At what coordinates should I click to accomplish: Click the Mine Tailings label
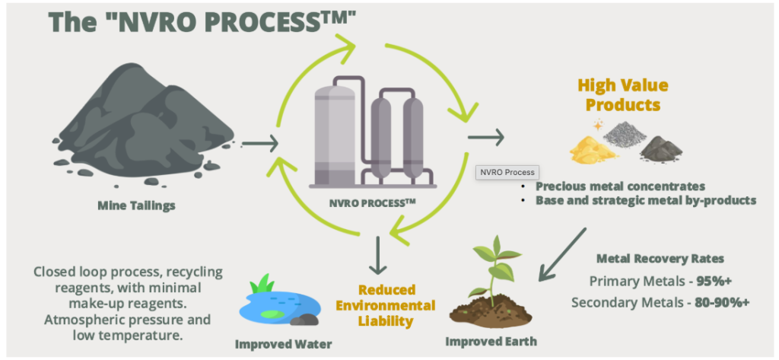[136, 205]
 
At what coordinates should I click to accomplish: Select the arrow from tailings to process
[259, 144]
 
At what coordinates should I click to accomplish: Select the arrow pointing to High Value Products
[485, 137]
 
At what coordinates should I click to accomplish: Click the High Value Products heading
[622, 95]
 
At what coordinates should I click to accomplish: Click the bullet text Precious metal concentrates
[620, 186]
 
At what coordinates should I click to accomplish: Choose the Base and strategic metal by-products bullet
[645, 200]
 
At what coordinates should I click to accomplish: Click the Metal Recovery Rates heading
[660, 259]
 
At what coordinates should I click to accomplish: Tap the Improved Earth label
[491, 342]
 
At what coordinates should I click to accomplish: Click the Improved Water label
[283, 344]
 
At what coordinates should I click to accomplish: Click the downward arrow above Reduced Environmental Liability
[377, 256]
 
